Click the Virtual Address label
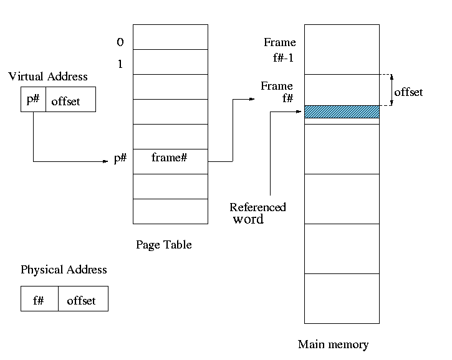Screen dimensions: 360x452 coord(48,77)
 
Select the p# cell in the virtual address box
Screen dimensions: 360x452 coord(33,100)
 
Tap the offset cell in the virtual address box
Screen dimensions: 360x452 coord(66,101)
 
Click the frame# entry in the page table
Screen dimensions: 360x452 coord(170,158)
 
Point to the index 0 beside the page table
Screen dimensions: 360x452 coord(120,42)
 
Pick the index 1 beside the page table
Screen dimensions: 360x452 coord(120,64)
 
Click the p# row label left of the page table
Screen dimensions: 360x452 coord(120,159)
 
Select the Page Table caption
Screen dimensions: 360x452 coord(164,245)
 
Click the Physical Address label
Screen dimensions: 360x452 coord(64,270)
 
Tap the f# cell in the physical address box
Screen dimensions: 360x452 coord(39,300)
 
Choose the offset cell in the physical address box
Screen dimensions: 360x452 coord(82,300)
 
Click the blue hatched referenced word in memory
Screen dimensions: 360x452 coord(342,112)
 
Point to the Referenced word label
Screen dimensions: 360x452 coord(257,213)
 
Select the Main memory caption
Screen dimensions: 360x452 coord(333,344)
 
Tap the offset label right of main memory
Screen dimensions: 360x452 coord(408,92)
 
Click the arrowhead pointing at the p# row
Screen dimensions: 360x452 coord(107,162)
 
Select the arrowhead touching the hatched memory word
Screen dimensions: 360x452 coord(301,112)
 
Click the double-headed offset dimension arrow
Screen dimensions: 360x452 coord(392,90)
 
